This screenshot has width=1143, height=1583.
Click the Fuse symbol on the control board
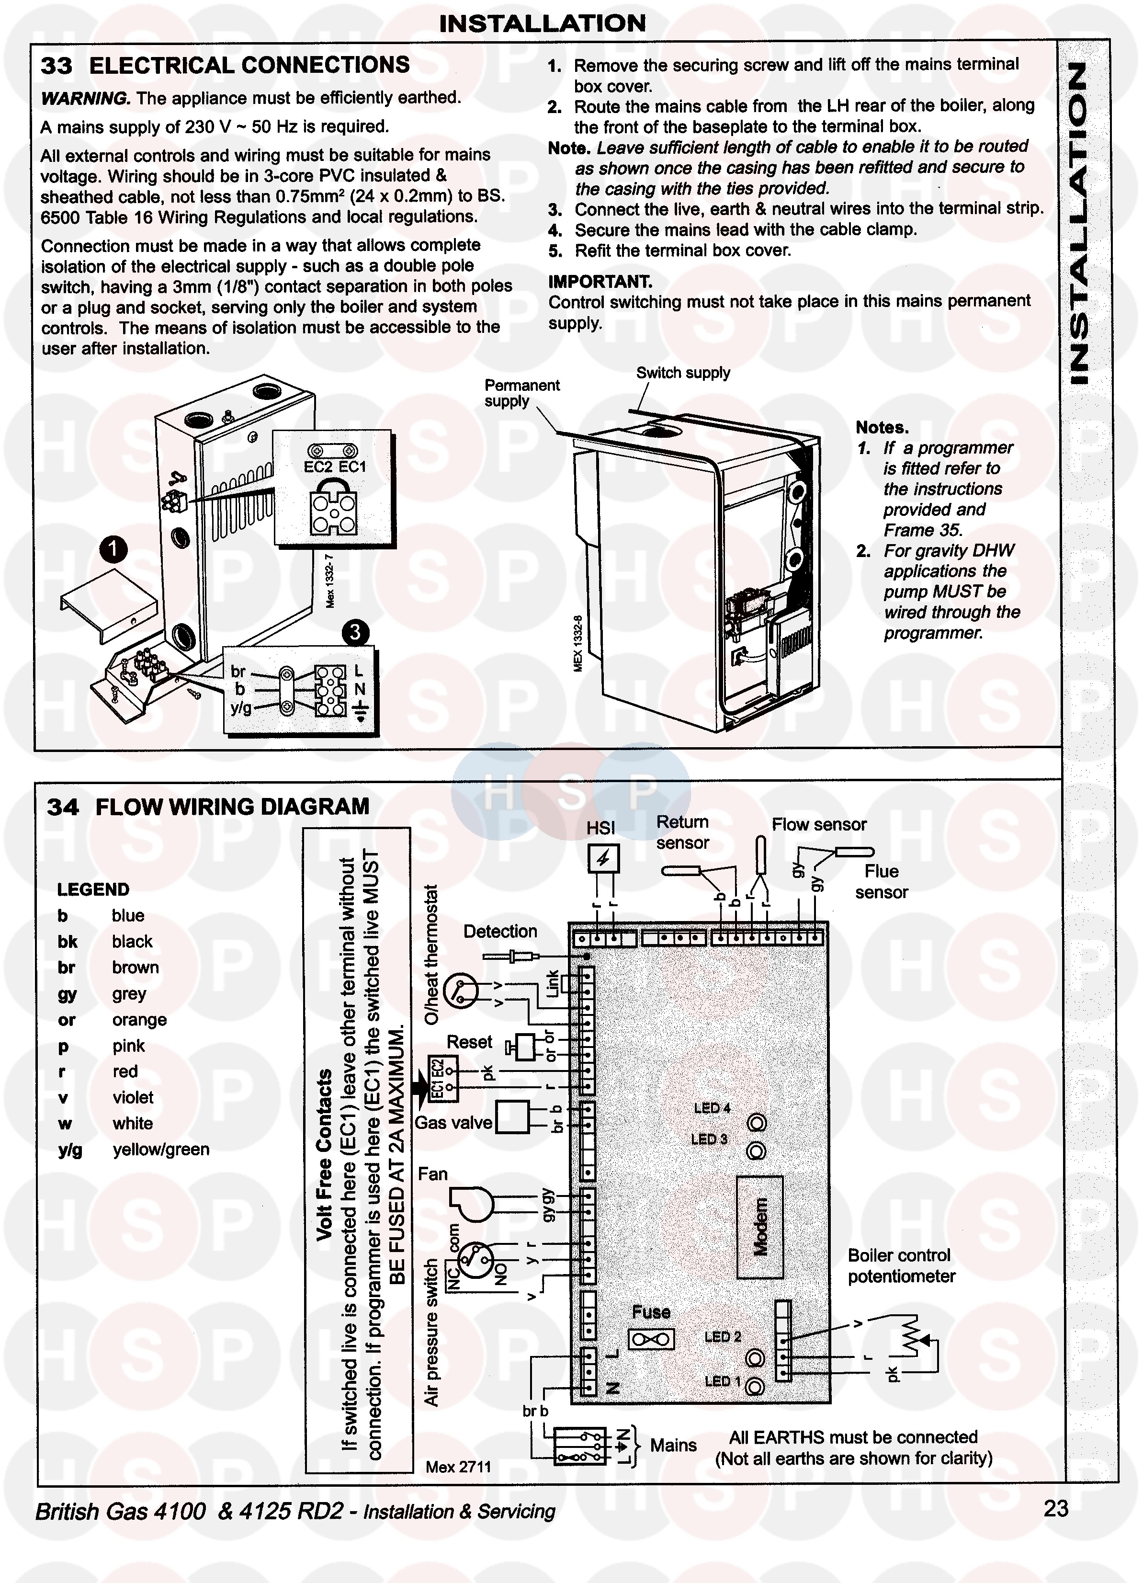click(651, 1339)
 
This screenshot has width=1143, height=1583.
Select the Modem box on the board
click(760, 1226)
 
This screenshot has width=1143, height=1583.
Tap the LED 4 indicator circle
click(757, 1122)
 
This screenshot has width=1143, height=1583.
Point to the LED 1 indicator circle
click(755, 1386)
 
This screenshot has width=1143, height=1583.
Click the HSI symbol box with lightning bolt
click(603, 858)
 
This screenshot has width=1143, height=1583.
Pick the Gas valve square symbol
click(512, 1117)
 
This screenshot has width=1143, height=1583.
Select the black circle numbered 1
click(113, 549)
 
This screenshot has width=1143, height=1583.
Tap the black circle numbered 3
click(355, 632)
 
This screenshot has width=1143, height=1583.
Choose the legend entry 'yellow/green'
click(160, 1150)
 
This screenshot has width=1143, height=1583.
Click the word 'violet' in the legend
click(133, 1097)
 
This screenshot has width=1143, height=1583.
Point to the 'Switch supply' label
click(682, 373)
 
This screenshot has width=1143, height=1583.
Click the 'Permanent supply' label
click(521, 393)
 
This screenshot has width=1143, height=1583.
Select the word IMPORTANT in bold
click(600, 282)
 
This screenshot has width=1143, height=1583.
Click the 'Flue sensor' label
click(882, 881)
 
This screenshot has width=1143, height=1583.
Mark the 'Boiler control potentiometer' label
click(901, 1265)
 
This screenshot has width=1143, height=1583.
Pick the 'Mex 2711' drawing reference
click(458, 1467)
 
